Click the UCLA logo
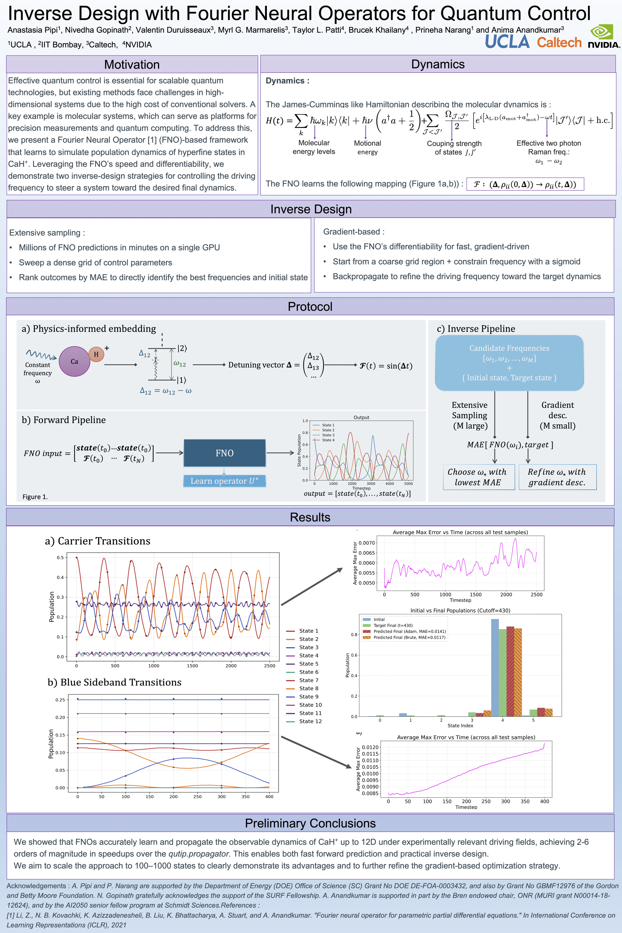pos(507,41)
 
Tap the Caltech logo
pos(559,42)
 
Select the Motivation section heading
pos(132,64)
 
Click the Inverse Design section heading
pos(311,209)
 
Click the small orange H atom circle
pos(96,354)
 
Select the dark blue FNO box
pos(224,453)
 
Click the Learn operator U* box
pos(224,481)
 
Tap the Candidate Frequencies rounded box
pos(509,363)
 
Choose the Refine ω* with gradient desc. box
pos(557,477)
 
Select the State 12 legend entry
pos(310,721)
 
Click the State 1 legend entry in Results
pos(308,631)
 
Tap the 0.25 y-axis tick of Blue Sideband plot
pos(60,700)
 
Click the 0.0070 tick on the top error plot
pos(366,543)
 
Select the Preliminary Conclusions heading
pos(310,823)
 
